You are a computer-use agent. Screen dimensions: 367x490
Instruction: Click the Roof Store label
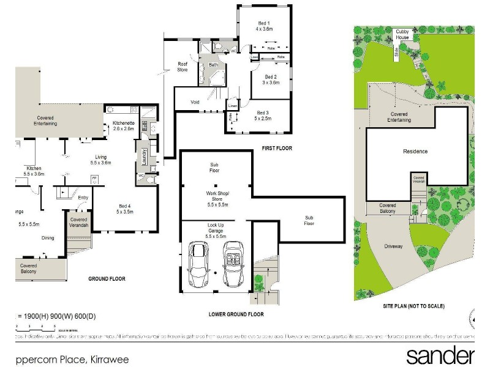tap(183, 67)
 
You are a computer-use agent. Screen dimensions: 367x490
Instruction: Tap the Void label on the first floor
tap(195, 102)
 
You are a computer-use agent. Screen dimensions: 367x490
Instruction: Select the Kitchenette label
tap(124, 126)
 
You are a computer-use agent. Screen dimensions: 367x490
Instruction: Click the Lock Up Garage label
tap(216, 231)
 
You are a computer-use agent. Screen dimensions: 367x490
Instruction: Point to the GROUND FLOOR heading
tap(107, 279)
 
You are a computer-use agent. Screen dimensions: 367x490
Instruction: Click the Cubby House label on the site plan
tap(402, 34)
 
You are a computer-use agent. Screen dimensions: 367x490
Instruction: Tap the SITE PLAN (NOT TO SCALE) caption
tap(413, 305)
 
